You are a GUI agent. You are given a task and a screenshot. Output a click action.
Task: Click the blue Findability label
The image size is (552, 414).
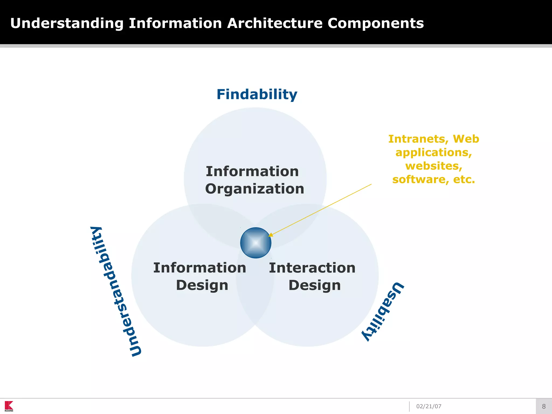pyautogui.click(x=257, y=95)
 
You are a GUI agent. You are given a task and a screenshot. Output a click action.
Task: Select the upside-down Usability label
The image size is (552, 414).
pyautogui.click(x=383, y=311)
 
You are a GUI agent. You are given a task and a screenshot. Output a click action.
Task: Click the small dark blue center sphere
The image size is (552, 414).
pyautogui.click(x=256, y=243)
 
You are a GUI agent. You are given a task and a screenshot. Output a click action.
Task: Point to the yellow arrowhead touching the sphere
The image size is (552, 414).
pyautogui.click(x=270, y=235)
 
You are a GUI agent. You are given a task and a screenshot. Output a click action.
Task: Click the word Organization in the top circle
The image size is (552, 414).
pyautogui.click(x=254, y=189)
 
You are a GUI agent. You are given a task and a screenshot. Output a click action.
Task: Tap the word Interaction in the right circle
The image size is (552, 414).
pyautogui.click(x=312, y=268)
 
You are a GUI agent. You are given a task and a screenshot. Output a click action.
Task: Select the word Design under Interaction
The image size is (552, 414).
pyautogui.click(x=315, y=285)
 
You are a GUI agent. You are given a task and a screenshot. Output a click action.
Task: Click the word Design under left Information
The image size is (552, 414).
pyautogui.click(x=202, y=285)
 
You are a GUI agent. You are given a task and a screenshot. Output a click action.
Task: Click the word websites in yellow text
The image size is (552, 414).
pyautogui.click(x=433, y=166)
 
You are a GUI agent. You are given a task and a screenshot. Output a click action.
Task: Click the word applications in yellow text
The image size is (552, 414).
pyautogui.click(x=433, y=153)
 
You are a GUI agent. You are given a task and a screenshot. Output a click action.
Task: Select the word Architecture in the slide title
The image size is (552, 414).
pyautogui.click(x=275, y=23)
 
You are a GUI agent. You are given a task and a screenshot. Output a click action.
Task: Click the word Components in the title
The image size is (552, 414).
pyautogui.click(x=375, y=23)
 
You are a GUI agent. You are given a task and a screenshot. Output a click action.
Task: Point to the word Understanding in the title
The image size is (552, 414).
pyautogui.click(x=67, y=23)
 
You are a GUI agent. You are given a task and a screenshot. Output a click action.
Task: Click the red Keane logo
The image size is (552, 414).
pyautogui.click(x=9, y=406)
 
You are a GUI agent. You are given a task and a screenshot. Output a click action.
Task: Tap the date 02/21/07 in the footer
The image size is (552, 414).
pyautogui.click(x=429, y=406)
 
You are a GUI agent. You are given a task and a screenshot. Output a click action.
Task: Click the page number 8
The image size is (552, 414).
pyautogui.click(x=544, y=406)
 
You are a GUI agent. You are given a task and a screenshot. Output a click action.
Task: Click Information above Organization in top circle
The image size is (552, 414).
pyautogui.click(x=252, y=171)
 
